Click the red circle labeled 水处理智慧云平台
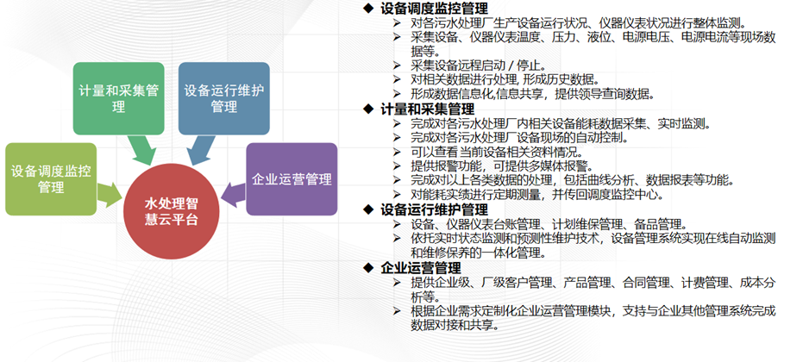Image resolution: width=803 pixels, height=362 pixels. point(171,211)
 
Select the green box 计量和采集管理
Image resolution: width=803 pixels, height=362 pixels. point(118,98)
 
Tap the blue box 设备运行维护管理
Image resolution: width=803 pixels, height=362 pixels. point(223,98)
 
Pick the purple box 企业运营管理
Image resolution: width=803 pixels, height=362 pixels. point(292,178)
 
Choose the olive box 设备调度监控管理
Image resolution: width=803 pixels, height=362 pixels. point(51,178)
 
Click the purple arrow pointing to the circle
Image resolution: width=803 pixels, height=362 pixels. point(234,194)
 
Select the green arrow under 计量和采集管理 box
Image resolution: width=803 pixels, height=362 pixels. point(141,150)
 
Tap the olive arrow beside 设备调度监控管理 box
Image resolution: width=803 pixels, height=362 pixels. point(109,193)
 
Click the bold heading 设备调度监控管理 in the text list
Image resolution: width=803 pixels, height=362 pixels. point(434,9)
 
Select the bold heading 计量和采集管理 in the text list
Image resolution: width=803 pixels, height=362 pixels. point(427,109)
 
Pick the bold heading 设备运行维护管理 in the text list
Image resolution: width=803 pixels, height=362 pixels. point(434,209)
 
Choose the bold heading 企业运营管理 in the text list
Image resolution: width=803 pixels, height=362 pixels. point(420,268)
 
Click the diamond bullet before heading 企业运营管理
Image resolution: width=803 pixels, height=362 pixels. point(367,268)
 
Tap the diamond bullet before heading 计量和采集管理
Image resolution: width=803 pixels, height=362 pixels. point(367,109)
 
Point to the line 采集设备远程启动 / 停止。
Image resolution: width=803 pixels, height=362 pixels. point(479,66)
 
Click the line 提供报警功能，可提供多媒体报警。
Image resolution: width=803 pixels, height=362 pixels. point(502,165)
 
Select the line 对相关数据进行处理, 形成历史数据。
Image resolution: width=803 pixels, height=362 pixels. point(505,79)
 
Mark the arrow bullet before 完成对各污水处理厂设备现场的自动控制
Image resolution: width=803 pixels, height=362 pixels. point(397,138)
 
